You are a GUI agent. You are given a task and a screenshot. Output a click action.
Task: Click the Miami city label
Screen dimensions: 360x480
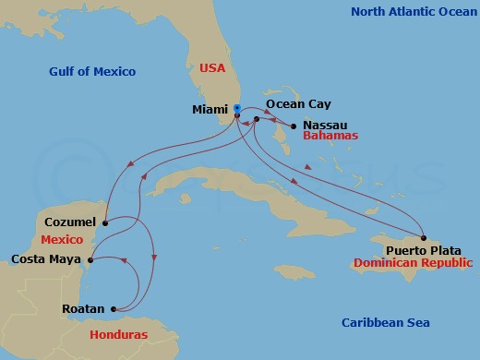tap(210, 110)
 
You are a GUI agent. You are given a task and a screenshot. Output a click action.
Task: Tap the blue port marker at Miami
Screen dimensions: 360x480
tap(237, 108)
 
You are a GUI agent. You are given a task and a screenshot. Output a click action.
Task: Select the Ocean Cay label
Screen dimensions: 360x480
tap(299, 104)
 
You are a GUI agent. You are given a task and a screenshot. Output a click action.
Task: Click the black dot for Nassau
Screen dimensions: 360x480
tap(293, 126)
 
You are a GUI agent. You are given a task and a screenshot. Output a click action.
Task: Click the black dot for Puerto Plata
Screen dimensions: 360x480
tap(423, 235)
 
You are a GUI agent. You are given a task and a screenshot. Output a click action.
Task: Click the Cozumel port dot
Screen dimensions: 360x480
tap(106, 222)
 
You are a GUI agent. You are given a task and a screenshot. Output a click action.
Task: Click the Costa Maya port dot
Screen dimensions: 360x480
tap(90, 260)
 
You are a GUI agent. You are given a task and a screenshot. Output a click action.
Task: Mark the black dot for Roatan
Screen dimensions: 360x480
tap(113, 309)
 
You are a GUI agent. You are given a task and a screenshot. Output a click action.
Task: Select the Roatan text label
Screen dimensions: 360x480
tap(84, 309)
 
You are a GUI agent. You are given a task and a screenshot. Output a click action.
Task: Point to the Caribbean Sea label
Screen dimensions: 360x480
tap(386, 322)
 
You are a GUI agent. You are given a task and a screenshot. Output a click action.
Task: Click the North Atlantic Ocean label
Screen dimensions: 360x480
tap(411, 11)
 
